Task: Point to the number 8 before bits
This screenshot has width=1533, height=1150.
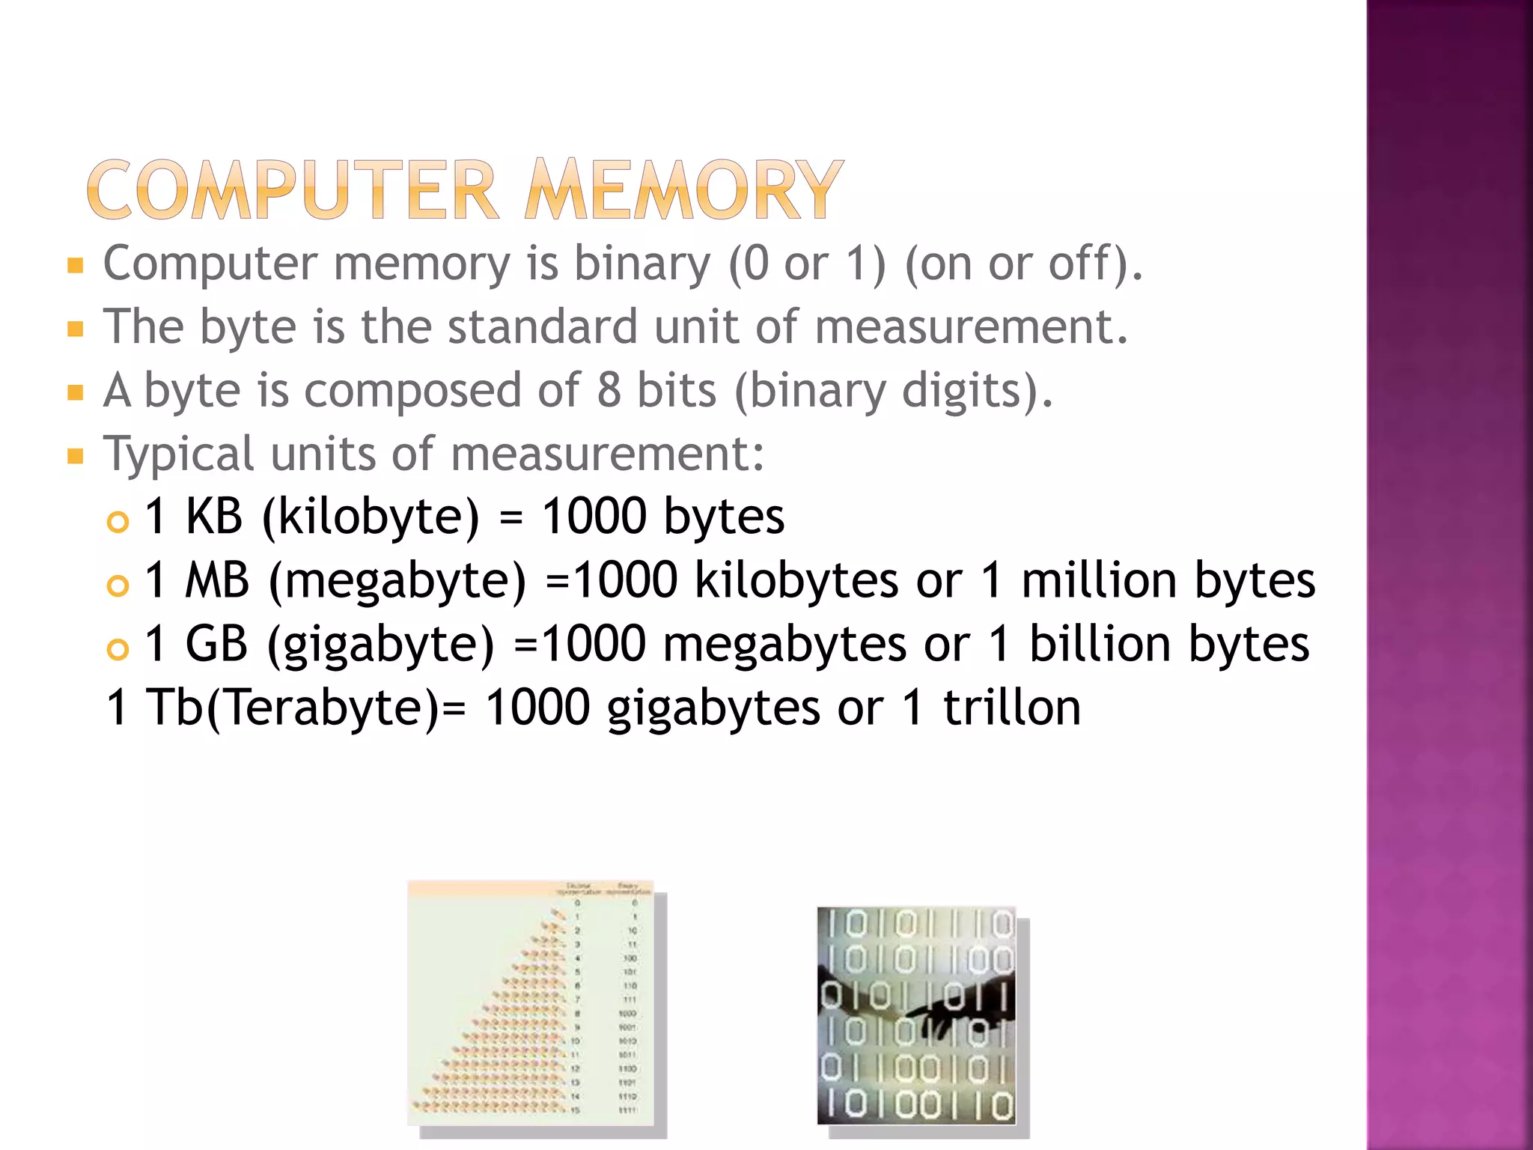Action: pyautogui.click(x=609, y=390)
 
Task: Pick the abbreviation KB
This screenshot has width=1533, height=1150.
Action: pyautogui.click(x=214, y=517)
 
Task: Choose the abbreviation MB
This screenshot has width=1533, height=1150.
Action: pyautogui.click(x=217, y=580)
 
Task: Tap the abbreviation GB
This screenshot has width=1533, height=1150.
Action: pyautogui.click(x=216, y=644)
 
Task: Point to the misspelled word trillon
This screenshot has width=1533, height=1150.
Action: pyautogui.click(x=1012, y=708)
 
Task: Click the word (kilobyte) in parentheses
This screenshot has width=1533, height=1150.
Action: pyautogui.click(x=371, y=517)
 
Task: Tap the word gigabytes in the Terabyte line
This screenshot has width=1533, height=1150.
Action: pyautogui.click(x=713, y=708)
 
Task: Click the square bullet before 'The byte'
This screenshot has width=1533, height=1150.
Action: pyautogui.click(x=75, y=329)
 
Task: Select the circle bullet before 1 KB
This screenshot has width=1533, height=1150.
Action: pyautogui.click(x=118, y=521)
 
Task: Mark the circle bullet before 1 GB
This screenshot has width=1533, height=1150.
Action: pyautogui.click(x=118, y=648)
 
